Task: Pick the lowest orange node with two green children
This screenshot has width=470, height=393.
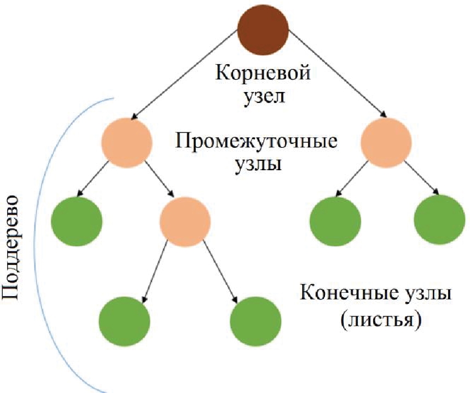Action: [185, 221]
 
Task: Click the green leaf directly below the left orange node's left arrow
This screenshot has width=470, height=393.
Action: [77, 221]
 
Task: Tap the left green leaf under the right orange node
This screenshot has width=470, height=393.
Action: [335, 221]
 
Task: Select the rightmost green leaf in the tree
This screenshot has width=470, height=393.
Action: [439, 221]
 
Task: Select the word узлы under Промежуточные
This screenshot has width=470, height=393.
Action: [256, 164]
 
